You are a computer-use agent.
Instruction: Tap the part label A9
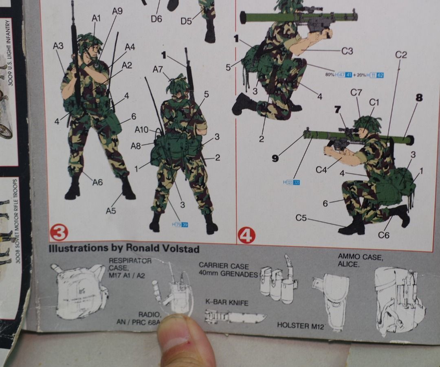pyautogui.click(x=117, y=12)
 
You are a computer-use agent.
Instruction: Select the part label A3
pyautogui.click(x=58, y=46)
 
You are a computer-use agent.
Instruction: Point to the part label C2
pyautogui.click(x=401, y=55)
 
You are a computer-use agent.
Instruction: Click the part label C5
pyautogui.click(x=301, y=218)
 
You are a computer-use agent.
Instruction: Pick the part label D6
pyautogui.click(x=156, y=19)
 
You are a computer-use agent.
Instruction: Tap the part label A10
pyautogui.click(x=142, y=130)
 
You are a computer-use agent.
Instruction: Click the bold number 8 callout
pyautogui.click(x=419, y=98)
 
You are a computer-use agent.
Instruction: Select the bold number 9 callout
pyautogui.click(x=275, y=158)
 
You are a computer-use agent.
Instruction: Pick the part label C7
pyautogui.click(x=356, y=93)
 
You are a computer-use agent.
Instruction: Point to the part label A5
pyautogui.click(x=111, y=211)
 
